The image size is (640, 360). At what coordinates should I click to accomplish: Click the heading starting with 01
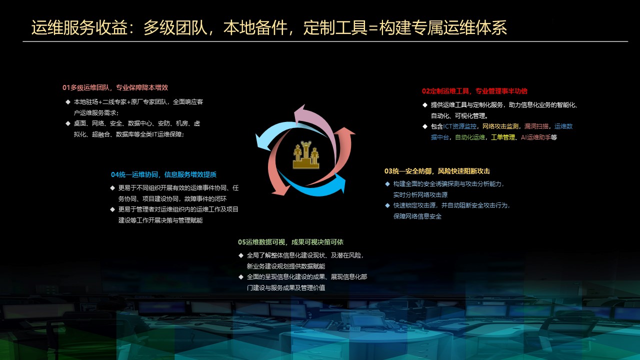[115, 87]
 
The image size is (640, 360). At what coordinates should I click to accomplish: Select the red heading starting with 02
[474, 91]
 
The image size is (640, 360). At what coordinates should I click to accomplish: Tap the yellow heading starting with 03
[437, 171]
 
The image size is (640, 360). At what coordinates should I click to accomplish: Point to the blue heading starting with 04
[163, 174]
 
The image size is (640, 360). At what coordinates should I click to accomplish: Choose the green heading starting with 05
[290, 242]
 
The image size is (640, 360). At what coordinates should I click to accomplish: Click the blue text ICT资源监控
[459, 126]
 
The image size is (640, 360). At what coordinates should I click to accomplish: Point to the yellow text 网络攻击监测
[500, 126]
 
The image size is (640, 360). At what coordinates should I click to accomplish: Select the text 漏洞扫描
[536, 126]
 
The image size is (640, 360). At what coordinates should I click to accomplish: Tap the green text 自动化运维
[469, 137]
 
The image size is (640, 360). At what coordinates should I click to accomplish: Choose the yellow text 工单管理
[503, 137]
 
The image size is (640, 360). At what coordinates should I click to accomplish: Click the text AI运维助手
[535, 137]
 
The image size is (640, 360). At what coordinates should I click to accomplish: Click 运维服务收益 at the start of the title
[79, 27]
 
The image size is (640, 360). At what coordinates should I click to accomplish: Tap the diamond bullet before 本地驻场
[68, 101]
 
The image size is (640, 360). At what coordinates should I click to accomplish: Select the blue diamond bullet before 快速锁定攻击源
[387, 205]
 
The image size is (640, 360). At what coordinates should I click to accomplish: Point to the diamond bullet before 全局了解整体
[241, 255]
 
